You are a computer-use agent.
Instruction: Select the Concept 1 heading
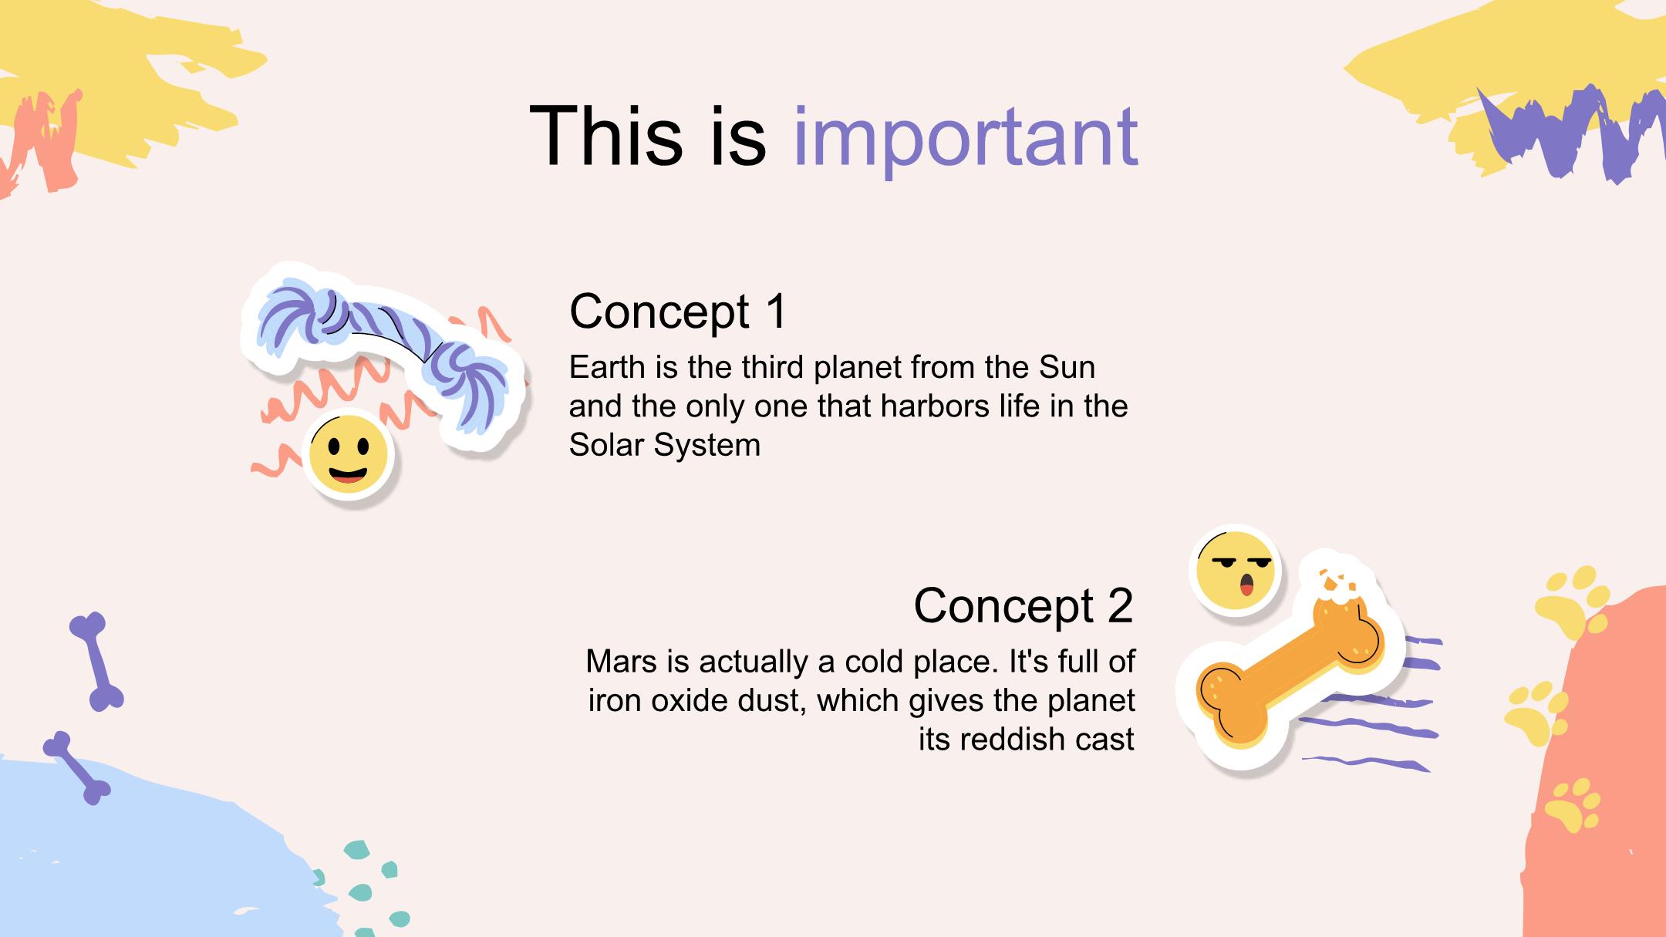(x=678, y=311)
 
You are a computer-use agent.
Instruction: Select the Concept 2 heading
(x=1024, y=605)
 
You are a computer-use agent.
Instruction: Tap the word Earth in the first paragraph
(x=607, y=367)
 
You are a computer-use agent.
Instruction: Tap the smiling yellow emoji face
(x=348, y=456)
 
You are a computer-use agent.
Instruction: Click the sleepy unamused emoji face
(x=1236, y=571)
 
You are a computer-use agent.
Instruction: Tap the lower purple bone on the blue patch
(x=76, y=768)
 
